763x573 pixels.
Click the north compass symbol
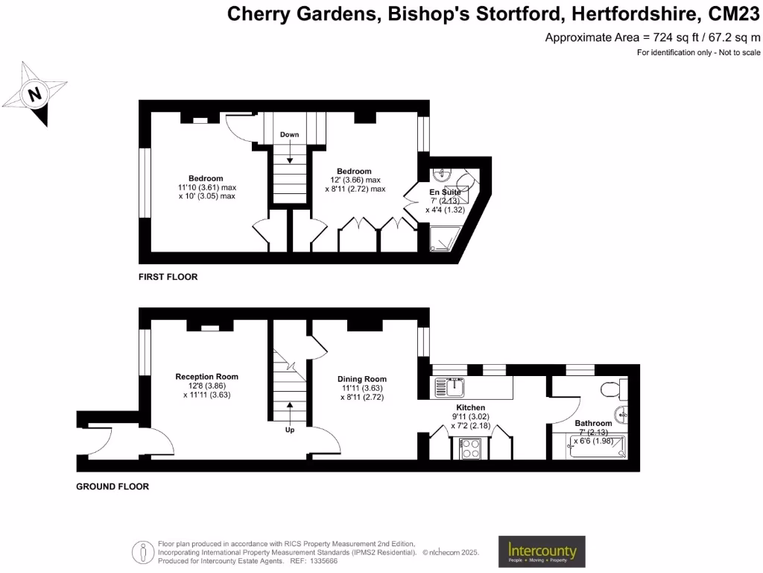click(x=34, y=94)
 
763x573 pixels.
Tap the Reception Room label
click(x=207, y=377)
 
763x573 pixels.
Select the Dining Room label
click(x=362, y=379)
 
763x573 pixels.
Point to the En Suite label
click(x=445, y=192)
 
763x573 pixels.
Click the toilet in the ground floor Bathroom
click(x=611, y=389)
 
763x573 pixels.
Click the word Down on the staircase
click(x=289, y=135)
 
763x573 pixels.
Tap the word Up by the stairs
click(x=290, y=430)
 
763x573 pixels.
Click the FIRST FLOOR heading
click(x=168, y=277)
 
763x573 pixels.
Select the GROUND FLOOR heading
click(x=113, y=486)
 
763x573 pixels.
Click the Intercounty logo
click(x=542, y=551)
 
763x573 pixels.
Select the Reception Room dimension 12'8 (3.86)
click(x=207, y=386)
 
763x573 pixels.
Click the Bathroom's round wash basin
click(x=621, y=414)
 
